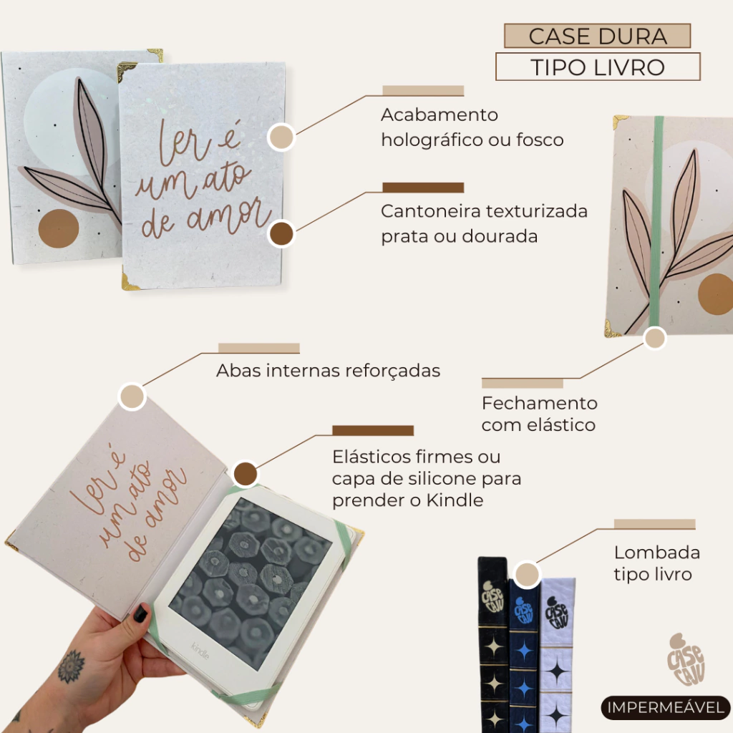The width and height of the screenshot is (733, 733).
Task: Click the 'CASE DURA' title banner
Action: [x=597, y=36]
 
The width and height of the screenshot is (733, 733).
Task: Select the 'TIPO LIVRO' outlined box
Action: [x=598, y=67]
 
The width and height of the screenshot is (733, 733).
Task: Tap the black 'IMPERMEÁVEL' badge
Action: [x=665, y=707]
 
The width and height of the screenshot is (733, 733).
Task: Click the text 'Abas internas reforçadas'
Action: [x=328, y=371]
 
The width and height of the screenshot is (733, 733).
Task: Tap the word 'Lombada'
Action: [x=657, y=553]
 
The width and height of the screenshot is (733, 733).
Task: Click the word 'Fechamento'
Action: [x=540, y=403]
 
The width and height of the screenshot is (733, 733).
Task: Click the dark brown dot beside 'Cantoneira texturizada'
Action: [x=281, y=234]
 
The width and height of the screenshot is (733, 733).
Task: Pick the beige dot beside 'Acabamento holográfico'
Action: [x=281, y=137]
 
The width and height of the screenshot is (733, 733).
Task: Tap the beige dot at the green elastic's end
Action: [x=654, y=338]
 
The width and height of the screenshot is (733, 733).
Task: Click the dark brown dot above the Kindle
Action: [x=246, y=474]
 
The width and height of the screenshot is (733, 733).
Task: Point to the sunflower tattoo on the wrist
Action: [x=71, y=666]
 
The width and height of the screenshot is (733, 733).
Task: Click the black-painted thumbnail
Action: [x=141, y=613]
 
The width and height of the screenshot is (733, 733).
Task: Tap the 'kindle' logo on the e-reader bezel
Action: [x=200, y=650]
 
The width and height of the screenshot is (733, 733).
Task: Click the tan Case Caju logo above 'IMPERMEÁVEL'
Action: [x=685, y=659]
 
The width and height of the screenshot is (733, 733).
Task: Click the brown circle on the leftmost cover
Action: [x=58, y=228]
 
